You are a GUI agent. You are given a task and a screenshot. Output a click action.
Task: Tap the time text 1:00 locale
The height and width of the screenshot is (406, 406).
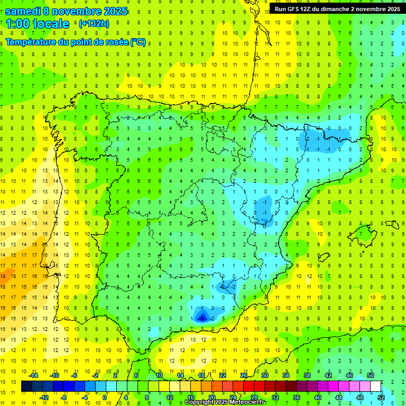click(38, 24)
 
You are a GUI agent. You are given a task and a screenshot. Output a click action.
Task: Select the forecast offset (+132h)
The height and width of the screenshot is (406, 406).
click(94, 24)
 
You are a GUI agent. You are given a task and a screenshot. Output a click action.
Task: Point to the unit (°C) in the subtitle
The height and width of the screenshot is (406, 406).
click(139, 42)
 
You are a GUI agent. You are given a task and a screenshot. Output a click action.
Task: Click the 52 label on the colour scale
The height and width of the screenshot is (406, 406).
click(381, 397)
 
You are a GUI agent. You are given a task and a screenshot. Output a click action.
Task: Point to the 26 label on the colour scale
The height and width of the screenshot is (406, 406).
click(244, 375)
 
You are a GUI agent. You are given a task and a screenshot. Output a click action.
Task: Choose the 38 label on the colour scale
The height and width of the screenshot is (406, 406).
click(307, 375)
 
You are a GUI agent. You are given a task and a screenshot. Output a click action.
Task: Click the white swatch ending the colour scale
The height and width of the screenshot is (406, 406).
click(375, 386)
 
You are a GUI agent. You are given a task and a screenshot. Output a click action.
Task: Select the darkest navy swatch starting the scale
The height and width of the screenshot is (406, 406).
click(26, 386)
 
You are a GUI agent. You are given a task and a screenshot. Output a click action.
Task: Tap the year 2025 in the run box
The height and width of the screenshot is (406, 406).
click(390, 9)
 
